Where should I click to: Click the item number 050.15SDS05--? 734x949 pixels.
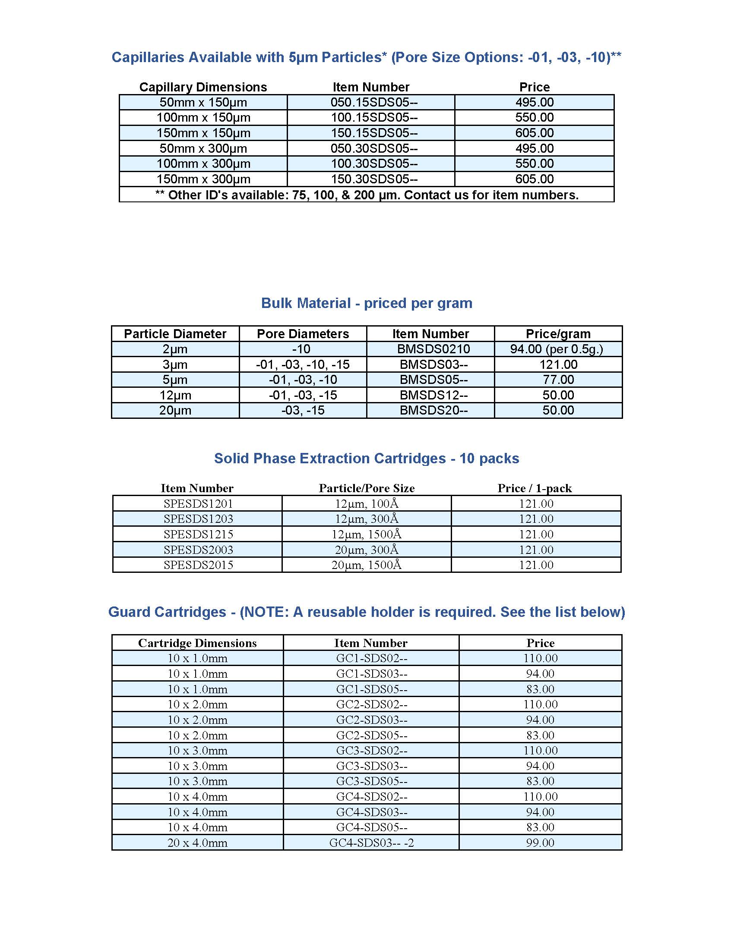[373, 103]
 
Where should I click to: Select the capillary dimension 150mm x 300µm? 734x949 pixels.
[203, 179]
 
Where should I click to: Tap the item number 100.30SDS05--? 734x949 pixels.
[373, 164]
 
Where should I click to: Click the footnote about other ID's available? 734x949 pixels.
[367, 195]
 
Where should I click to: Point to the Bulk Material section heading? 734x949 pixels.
[367, 303]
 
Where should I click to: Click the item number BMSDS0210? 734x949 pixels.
[433, 349]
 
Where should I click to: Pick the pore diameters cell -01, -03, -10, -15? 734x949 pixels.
[303, 365]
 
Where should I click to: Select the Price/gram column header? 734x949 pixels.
[558, 334]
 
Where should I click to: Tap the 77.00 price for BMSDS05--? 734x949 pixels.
[558, 380]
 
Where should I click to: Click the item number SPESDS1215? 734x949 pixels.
[198, 534]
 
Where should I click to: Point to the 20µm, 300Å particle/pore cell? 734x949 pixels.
[366, 550]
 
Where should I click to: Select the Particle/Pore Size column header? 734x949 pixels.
[367, 488]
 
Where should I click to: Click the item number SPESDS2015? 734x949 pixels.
[198, 565]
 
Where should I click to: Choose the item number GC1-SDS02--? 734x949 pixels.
[371, 658]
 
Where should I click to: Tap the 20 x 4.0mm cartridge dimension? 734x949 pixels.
[197, 843]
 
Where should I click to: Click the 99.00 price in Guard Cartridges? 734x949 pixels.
[540, 843]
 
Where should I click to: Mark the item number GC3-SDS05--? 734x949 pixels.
[371, 781]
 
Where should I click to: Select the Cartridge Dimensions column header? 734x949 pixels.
[197, 643]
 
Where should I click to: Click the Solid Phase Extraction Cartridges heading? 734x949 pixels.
[367, 459]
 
